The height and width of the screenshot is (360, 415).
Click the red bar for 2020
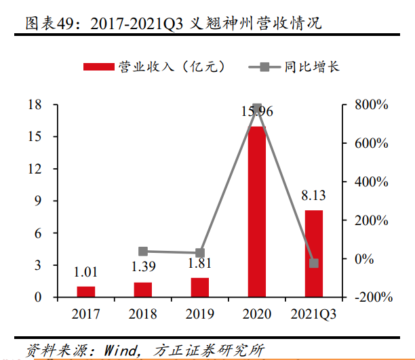[257, 212]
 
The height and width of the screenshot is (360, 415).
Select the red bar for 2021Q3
[314, 254]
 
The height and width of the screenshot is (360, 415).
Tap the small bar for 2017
[86, 292]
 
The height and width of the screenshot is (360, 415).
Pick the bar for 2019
[200, 287]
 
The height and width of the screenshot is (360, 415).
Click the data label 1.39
[143, 267]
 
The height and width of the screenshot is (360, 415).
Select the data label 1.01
[86, 273]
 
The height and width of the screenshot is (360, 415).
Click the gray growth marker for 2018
[143, 251]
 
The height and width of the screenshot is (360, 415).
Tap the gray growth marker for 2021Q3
[314, 263]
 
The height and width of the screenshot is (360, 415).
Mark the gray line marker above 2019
[200, 253]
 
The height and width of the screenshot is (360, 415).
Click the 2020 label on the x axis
[257, 314]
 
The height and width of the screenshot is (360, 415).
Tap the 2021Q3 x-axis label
[314, 314]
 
